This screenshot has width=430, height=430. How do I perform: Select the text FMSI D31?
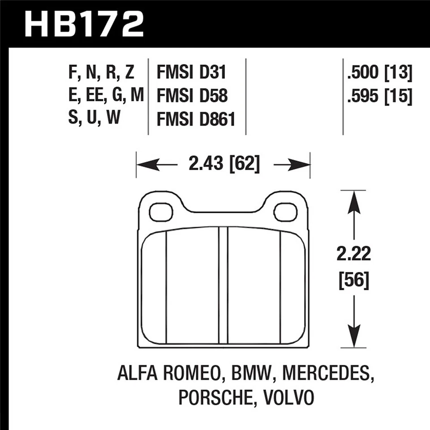click(x=191, y=73)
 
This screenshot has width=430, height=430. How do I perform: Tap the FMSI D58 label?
click(x=191, y=96)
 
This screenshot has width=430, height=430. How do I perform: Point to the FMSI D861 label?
click(x=196, y=119)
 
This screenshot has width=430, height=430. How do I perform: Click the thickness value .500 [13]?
click(x=379, y=73)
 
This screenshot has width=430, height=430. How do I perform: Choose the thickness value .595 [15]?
click(x=379, y=96)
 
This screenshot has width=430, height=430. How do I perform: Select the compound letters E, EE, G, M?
click(x=106, y=96)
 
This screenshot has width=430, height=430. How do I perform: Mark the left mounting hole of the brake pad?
click(x=161, y=212)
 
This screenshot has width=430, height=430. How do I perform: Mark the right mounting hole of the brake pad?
click(x=285, y=212)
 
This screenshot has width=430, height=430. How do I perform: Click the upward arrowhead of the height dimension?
click(x=354, y=200)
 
